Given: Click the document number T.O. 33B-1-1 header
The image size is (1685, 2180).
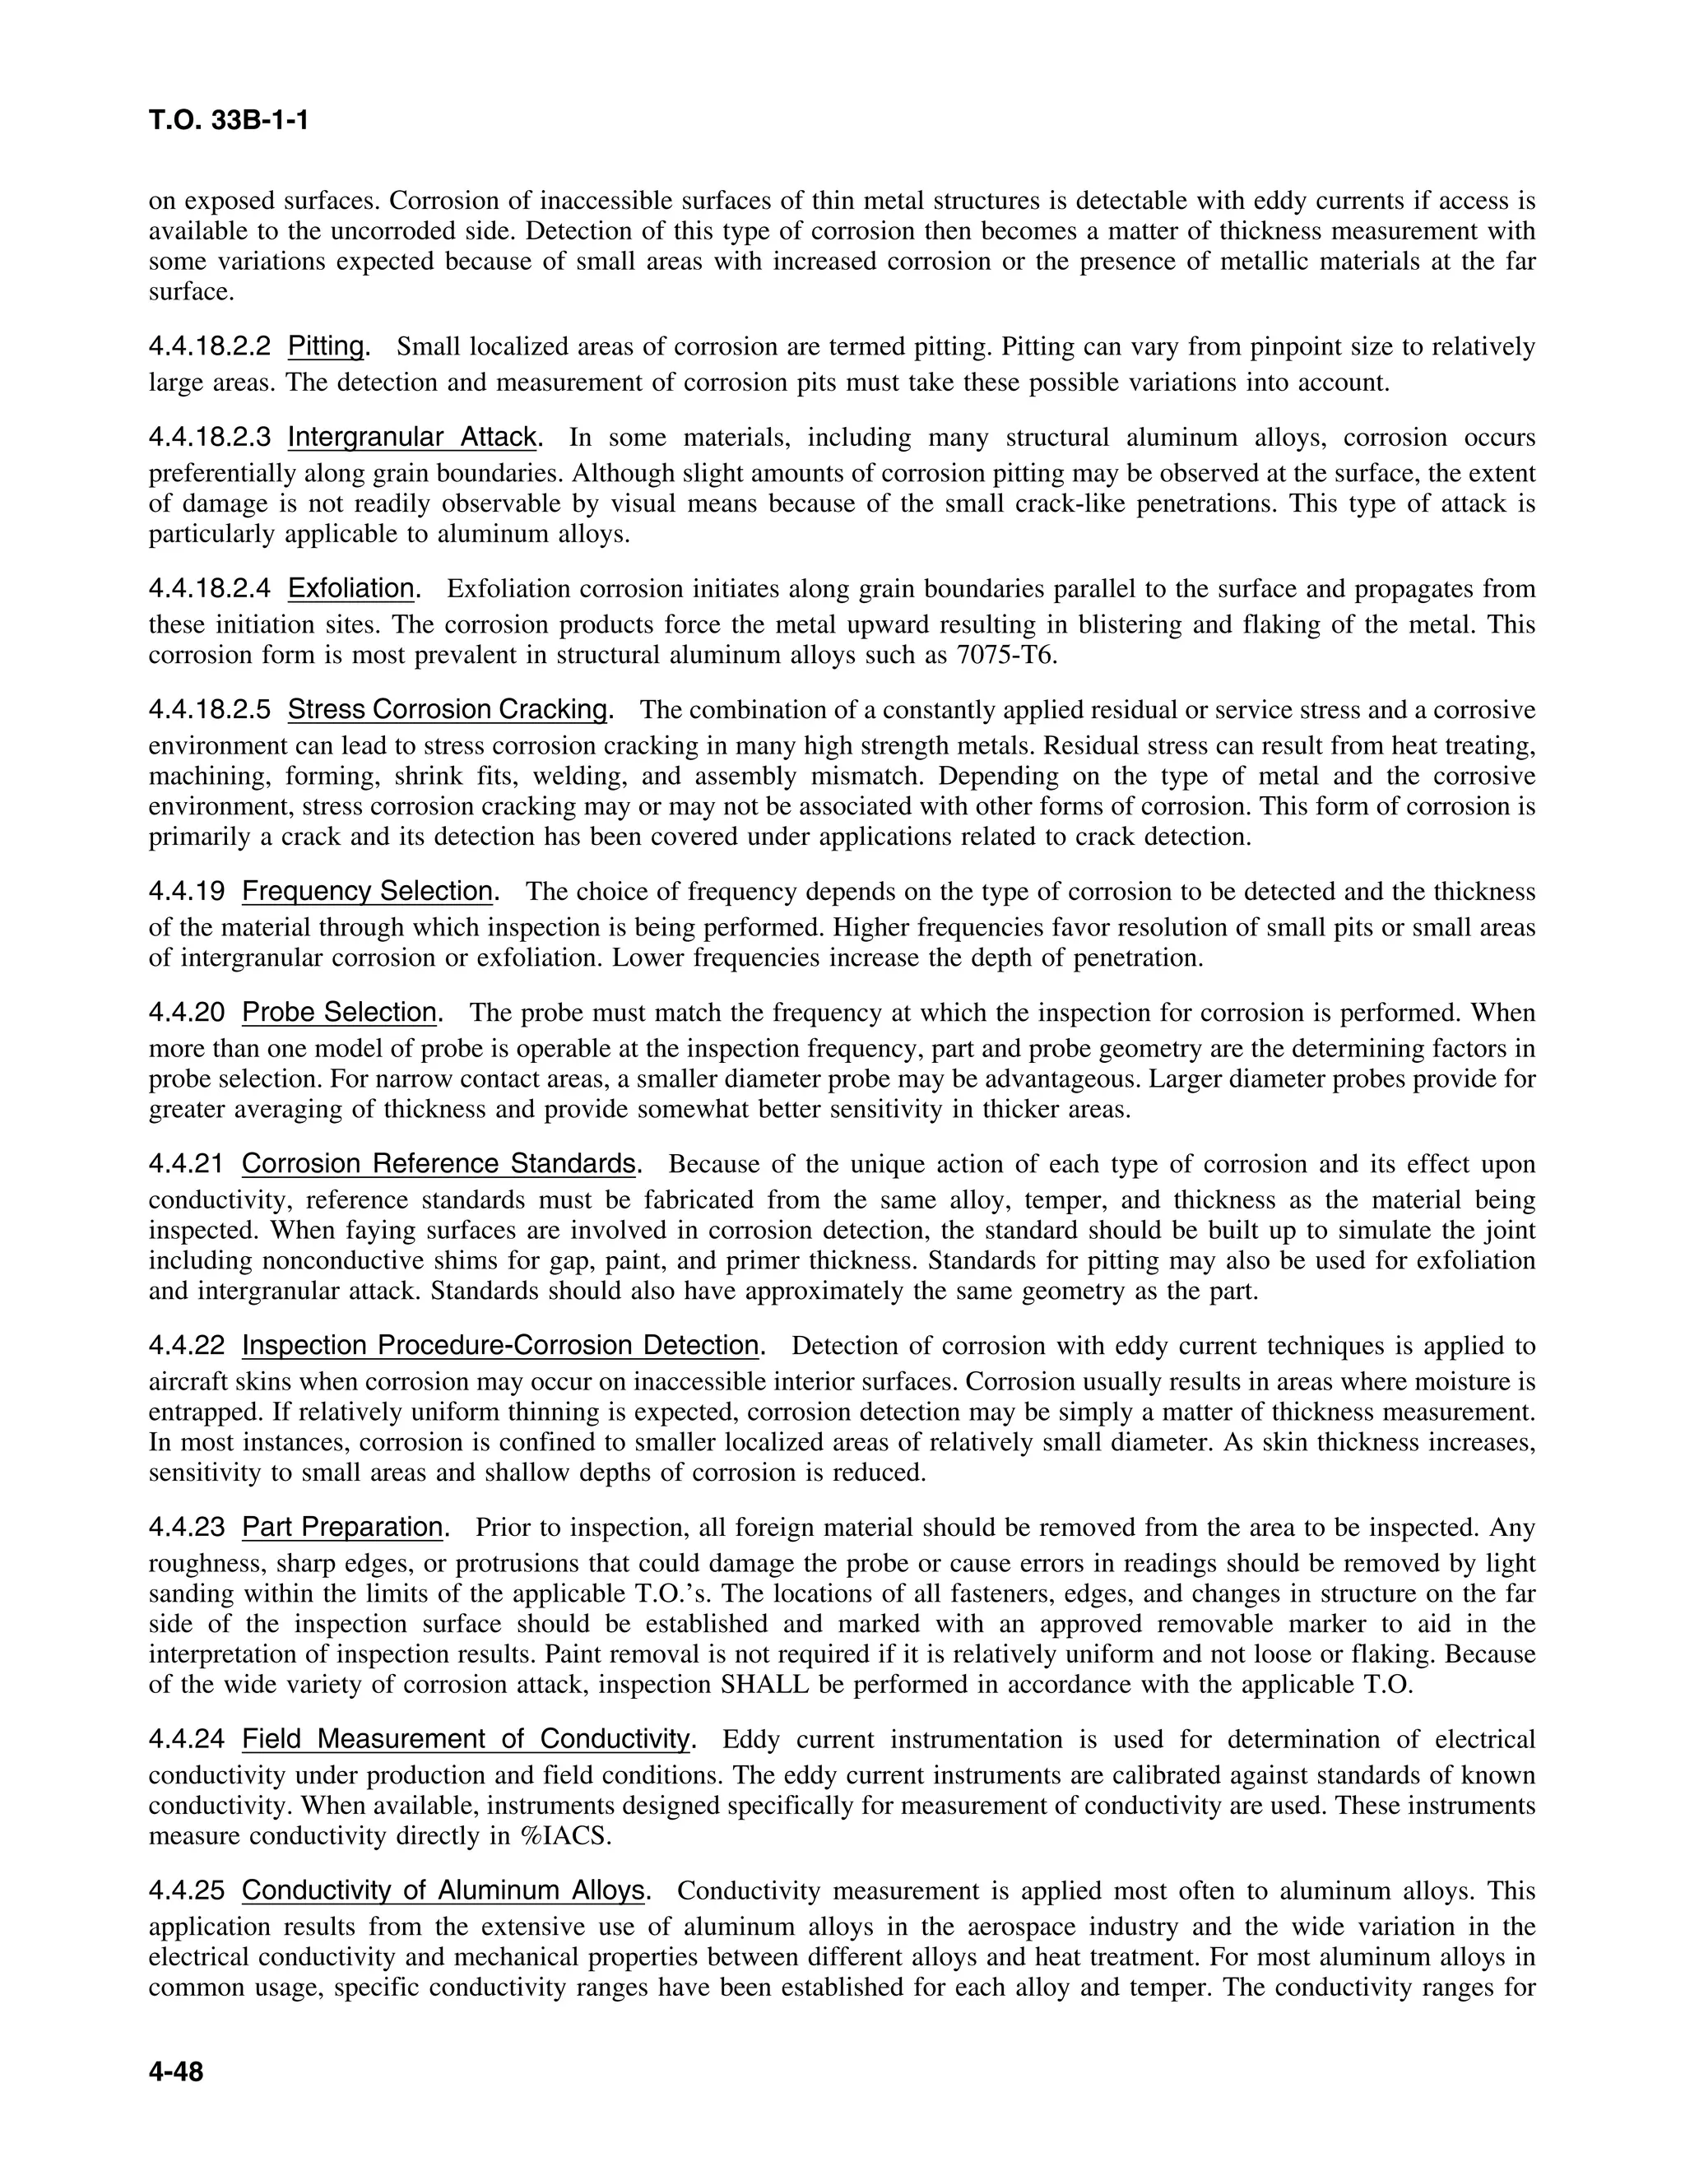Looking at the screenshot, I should point(229,121).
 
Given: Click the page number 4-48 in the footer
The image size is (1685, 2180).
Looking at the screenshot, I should point(176,2072).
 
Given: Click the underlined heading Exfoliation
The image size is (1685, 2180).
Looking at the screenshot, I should point(351,589).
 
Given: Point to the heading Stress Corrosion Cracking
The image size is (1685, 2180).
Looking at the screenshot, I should point(448,710).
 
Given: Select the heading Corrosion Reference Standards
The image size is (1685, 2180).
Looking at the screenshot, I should point(439,1164).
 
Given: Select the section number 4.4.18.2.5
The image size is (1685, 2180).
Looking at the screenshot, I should point(210,710).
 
